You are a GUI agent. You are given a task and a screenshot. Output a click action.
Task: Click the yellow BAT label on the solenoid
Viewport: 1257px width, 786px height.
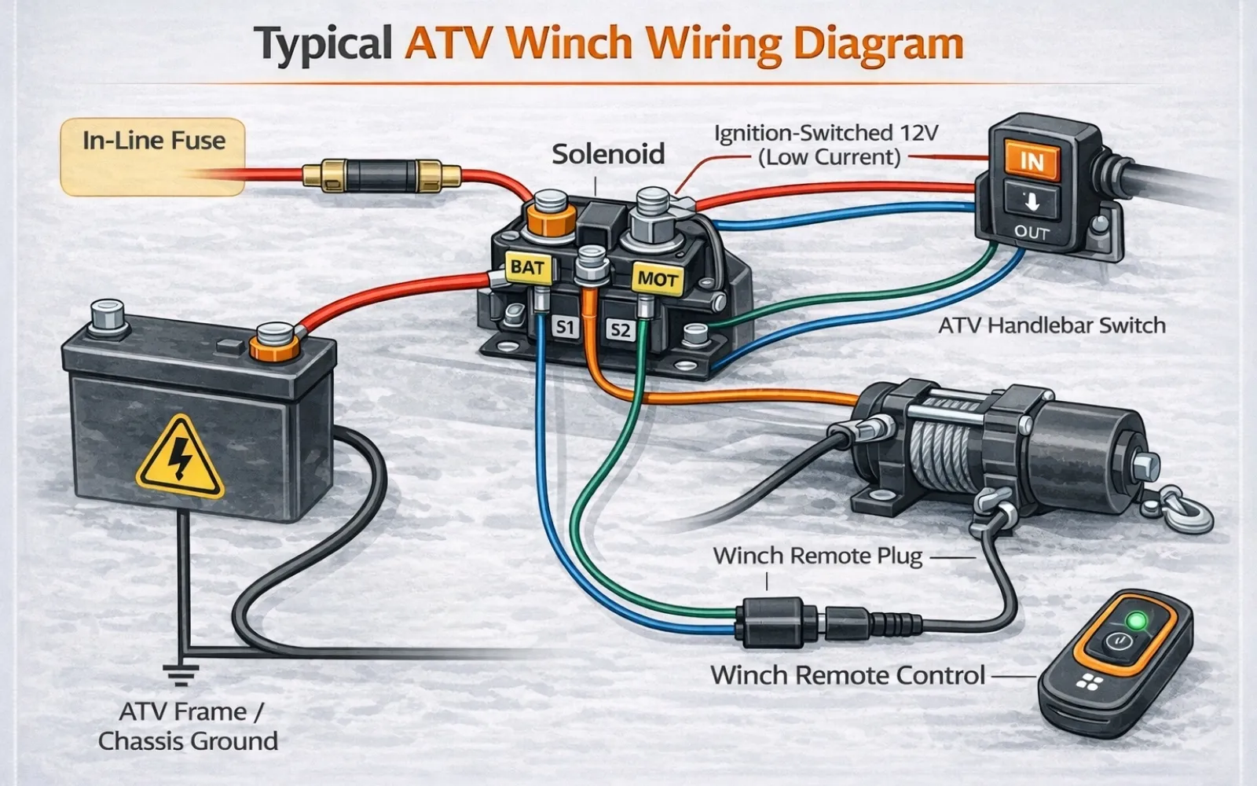tap(526, 268)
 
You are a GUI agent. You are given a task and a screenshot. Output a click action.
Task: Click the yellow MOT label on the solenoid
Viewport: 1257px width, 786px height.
tap(657, 278)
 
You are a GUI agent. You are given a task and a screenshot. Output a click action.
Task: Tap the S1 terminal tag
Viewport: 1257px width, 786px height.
tap(563, 326)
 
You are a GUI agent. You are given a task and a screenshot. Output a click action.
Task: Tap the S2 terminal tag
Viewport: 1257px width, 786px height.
tap(620, 329)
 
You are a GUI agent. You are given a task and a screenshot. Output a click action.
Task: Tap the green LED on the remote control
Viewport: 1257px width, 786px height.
tap(1135, 622)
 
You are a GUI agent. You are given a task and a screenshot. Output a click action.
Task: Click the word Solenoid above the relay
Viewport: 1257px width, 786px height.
tap(607, 154)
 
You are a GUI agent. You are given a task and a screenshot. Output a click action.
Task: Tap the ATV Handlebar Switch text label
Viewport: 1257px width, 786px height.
tap(1051, 325)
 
